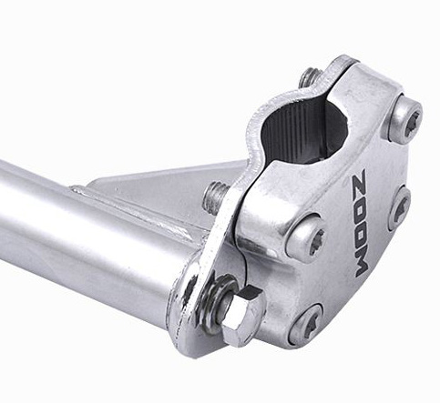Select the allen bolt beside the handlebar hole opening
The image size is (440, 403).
[406, 119]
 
